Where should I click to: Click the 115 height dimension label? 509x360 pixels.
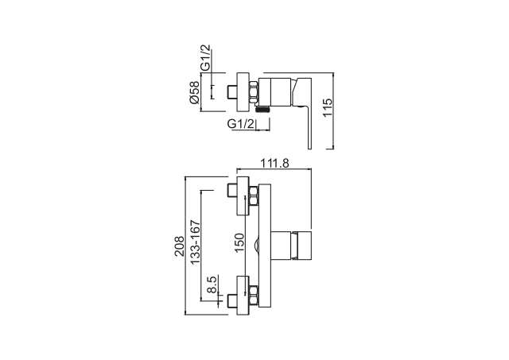tap(328, 107)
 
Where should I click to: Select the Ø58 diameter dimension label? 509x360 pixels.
tap(194, 92)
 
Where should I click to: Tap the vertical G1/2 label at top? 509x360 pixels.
tap(205, 57)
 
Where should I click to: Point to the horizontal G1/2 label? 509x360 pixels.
tap(240, 123)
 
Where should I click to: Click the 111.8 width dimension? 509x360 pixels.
tap(274, 163)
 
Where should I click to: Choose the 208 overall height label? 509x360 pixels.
tap(179, 246)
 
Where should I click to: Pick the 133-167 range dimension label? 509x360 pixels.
tap(195, 242)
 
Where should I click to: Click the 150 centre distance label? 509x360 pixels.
tap(239, 243)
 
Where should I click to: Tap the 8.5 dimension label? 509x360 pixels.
tap(212, 285)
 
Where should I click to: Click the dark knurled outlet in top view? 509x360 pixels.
tap(262, 110)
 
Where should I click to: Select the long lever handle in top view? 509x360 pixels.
tap(302, 113)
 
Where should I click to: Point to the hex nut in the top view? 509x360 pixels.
tap(254, 92)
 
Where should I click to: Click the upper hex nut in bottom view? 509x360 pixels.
tap(254, 196)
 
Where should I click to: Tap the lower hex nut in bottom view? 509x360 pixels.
tap(254, 296)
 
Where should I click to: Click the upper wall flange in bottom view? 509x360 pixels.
tap(243, 195)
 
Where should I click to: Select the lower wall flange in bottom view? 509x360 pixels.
tap(243, 295)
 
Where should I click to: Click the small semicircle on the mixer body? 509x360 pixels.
tap(256, 246)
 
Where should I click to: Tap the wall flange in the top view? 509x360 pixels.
tap(243, 92)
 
